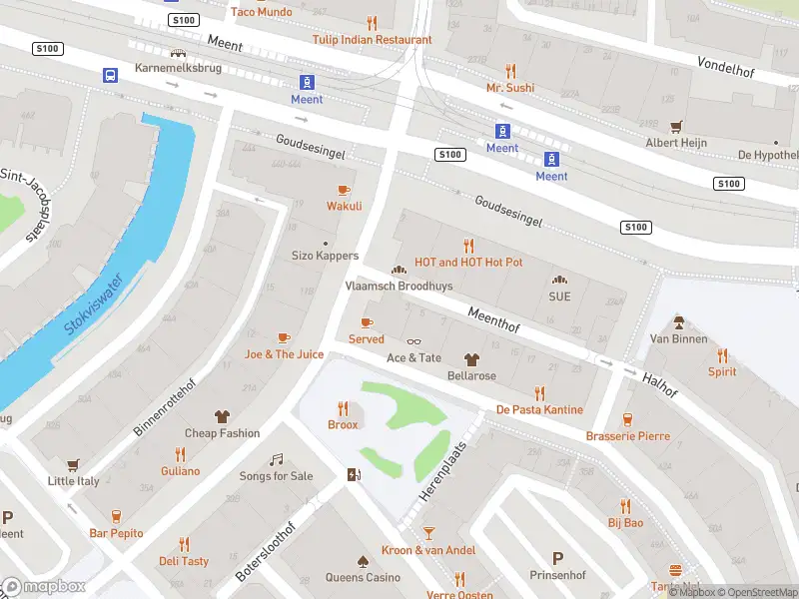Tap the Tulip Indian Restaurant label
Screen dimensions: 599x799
[x=372, y=40]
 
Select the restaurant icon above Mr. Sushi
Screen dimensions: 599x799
[x=510, y=71]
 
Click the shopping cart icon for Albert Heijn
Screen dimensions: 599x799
[x=676, y=127]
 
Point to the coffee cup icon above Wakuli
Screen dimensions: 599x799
[x=345, y=190]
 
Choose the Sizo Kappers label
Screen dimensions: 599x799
[x=325, y=256]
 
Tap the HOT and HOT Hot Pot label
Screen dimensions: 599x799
[x=468, y=263]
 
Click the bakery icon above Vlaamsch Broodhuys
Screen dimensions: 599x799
[x=399, y=270]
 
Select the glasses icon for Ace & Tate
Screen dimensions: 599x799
[x=413, y=341]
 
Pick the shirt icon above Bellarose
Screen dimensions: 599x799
[x=471, y=359]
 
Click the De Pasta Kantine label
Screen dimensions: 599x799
[x=539, y=410]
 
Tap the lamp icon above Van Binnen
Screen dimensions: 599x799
[x=678, y=322]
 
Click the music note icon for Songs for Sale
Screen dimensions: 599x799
[x=276, y=459]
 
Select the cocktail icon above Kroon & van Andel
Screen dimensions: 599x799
[x=428, y=533]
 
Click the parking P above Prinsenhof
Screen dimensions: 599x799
[x=557, y=559]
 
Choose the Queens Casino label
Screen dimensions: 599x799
[x=363, y=577]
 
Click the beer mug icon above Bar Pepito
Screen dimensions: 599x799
[x=116, y=516]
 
